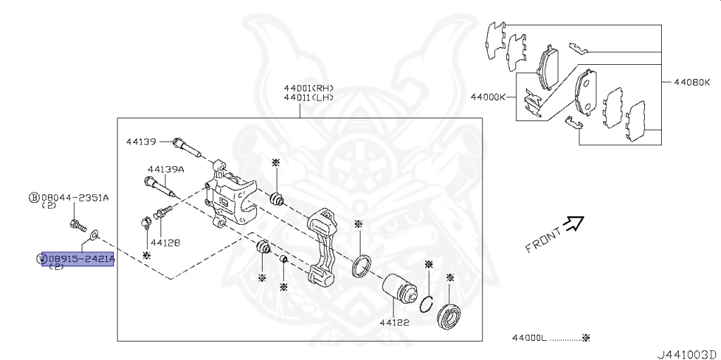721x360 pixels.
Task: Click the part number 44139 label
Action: click(141, 142)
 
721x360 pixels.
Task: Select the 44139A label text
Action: click(165, 169)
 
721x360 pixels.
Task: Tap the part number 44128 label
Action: click(165, 242)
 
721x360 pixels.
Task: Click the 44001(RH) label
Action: click(308, 88)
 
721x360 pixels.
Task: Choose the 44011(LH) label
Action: click(308, 98)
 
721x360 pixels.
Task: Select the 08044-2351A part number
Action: click(75, 198)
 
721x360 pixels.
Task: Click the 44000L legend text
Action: click(529, 338)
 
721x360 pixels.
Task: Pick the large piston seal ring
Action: click(362, 267)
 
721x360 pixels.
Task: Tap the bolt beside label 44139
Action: click(186, 148)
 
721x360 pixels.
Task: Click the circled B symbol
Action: click(34, 198)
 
